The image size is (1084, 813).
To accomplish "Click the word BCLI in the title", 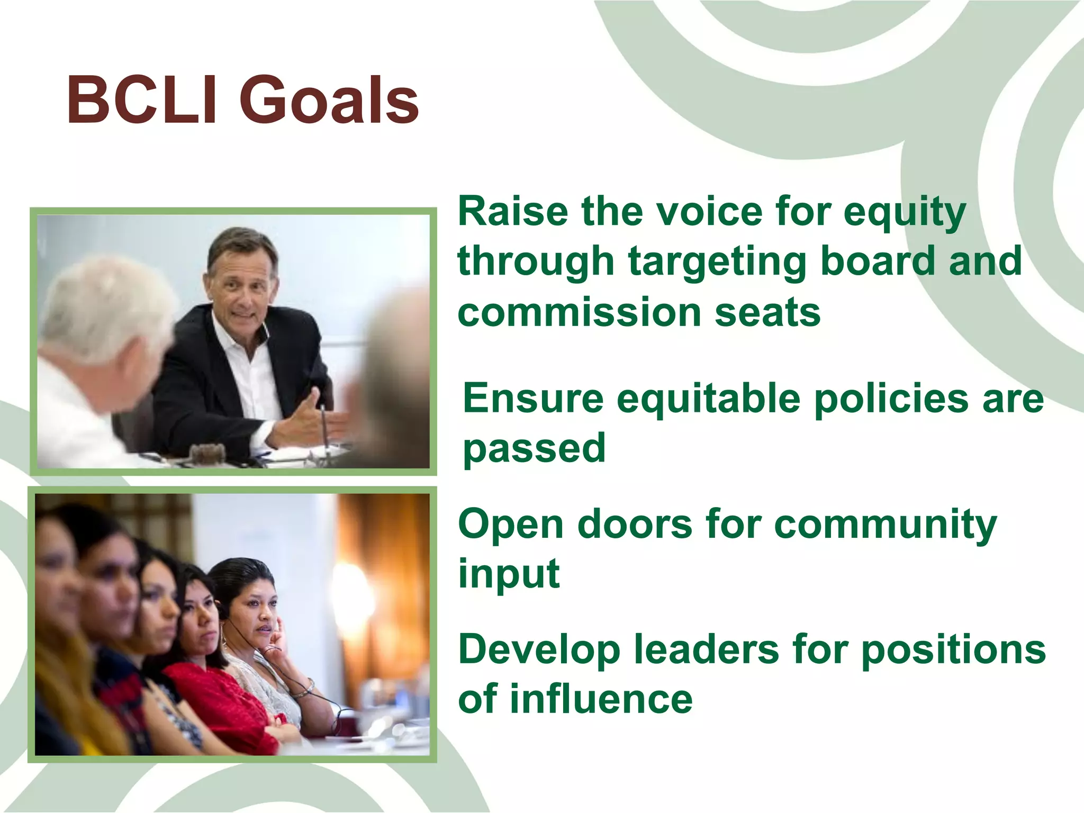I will (x=142, y=101).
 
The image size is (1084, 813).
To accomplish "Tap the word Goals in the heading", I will (x=329, y=101).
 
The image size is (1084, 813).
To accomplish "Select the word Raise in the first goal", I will (x=513, y=212).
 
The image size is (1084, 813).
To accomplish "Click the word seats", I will (x=767, y=312).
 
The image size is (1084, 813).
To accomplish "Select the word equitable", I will (x=708, y=400).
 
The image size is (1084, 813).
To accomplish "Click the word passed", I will (x=534, y=449).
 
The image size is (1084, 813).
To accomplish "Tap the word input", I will (x=509, y=574).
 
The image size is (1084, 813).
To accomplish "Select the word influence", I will (x=601, y=699).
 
